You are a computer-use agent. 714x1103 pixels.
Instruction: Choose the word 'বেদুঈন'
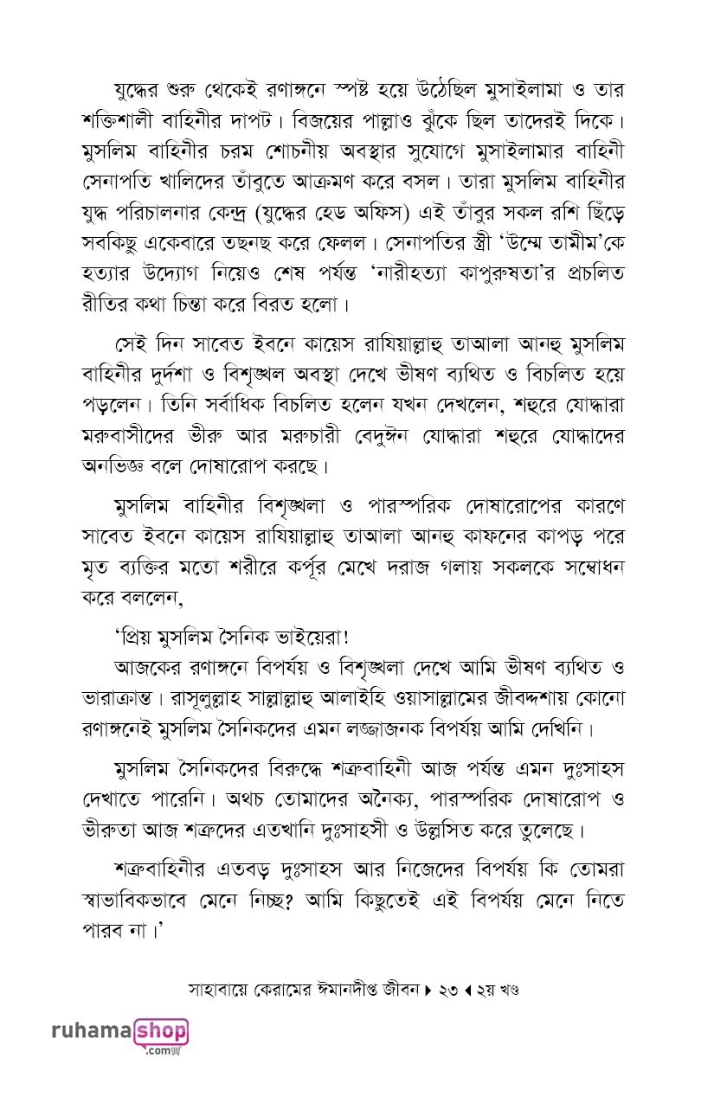pos(424,439)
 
